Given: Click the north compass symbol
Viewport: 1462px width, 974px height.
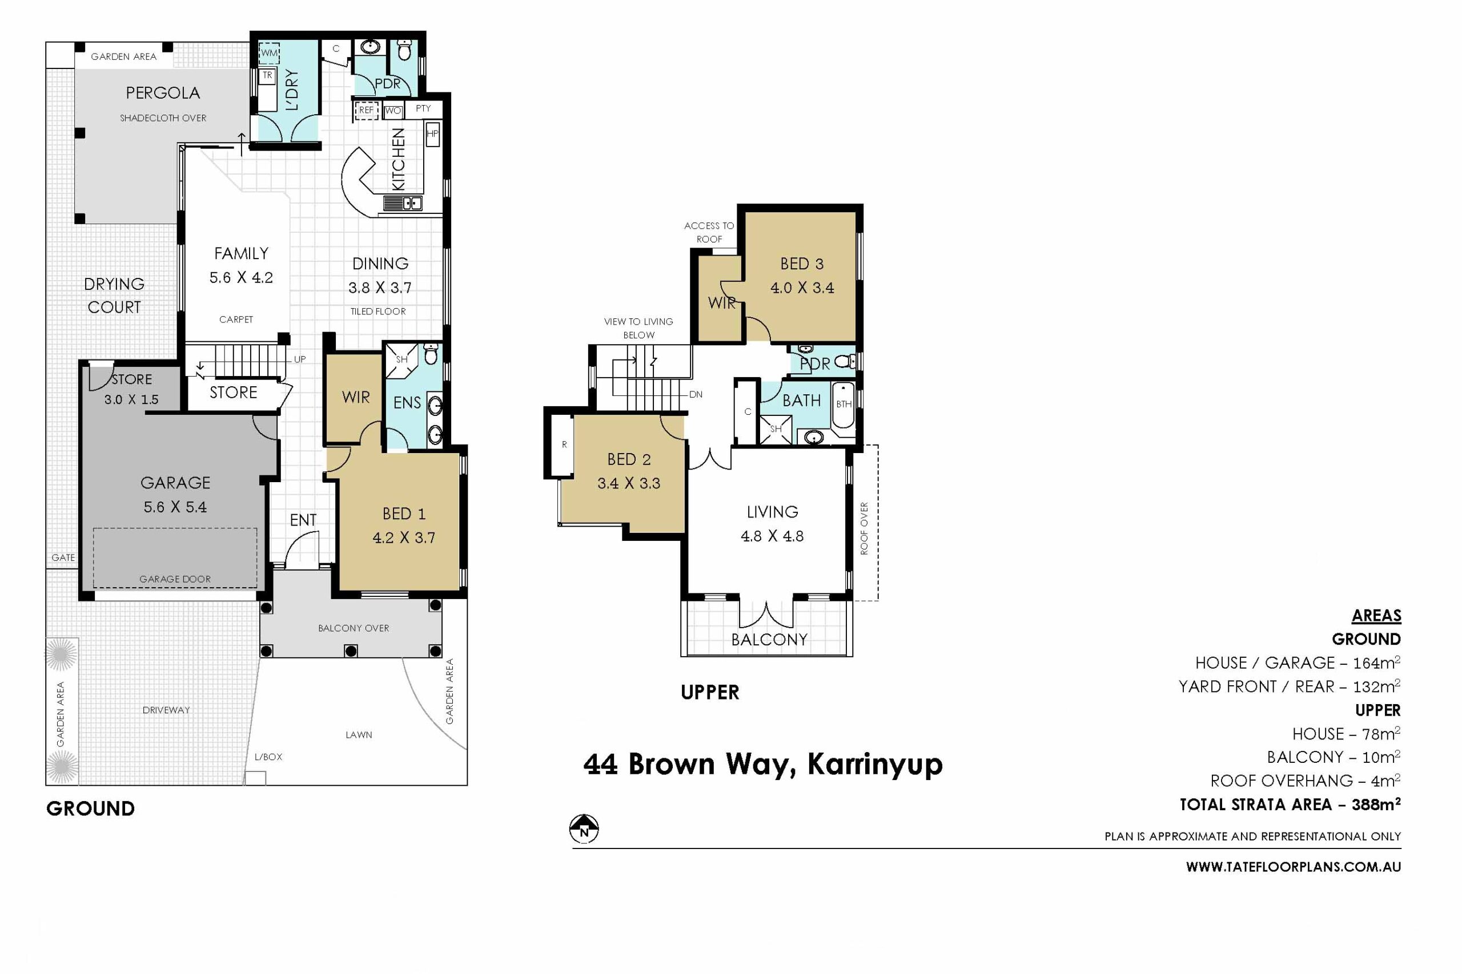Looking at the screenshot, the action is click(x=584, y=828).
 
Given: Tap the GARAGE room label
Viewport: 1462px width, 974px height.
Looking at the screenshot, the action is click(x=175, y=483).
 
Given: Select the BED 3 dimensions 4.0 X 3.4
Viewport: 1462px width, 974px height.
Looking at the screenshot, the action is click(x=802, y=288).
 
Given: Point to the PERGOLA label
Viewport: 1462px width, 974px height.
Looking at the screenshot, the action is click(x=163, y=93).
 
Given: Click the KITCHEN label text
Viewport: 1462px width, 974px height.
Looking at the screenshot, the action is click(x=399, y=159).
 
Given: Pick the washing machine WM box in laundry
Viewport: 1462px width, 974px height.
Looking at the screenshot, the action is click(x=269, y=54).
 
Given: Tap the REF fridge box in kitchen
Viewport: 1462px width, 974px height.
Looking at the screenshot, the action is click(x=367, y=111).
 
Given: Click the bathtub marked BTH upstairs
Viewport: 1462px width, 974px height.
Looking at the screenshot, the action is click(x=843, y=405).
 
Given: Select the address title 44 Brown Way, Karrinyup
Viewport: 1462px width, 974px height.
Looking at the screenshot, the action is click(x=763, y=765).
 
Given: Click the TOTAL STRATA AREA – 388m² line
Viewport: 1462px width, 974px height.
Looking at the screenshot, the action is click(x=1290, y=805).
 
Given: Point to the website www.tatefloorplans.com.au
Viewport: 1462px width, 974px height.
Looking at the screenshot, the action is click(x=1293, y=867).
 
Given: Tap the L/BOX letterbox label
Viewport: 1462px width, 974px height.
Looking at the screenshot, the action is click(x=268, y=757).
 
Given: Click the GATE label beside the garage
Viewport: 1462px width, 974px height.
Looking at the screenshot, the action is click(x=63, y=558).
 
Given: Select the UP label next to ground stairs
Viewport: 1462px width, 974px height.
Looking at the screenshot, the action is click(x=300, y=359).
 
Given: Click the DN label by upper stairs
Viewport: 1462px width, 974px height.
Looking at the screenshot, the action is click(x=696, y=394).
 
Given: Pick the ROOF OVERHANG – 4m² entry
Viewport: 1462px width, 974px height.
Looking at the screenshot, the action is click(x=1306, y=781).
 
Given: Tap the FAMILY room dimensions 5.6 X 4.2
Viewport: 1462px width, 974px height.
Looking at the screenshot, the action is click(x=241, y=278).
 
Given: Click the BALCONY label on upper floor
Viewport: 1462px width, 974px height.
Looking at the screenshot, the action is click(x=769, y=640).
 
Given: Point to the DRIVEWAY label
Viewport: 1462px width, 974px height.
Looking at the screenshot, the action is click(x=166, y=710).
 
